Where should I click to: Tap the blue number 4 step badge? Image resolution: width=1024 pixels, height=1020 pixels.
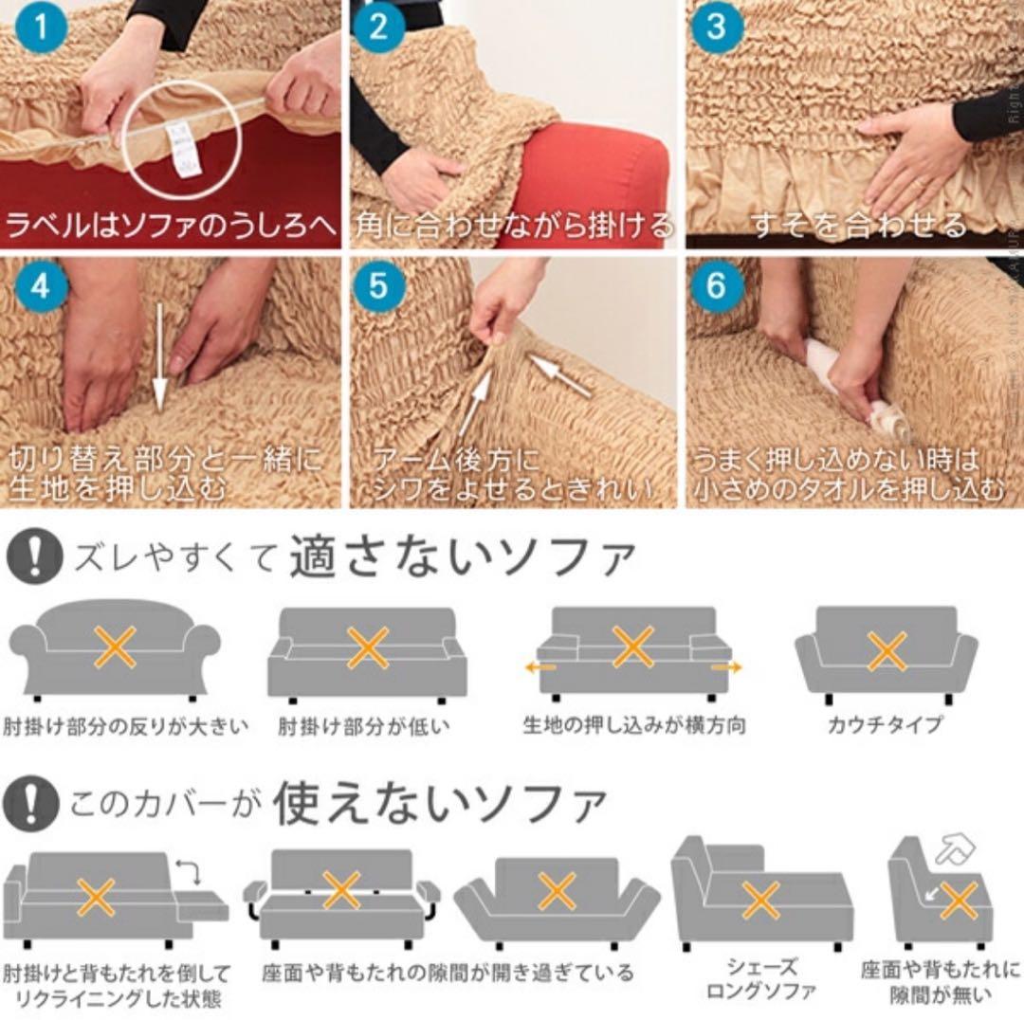(38, 285)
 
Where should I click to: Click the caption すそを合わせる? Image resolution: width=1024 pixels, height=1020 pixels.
(858, 226)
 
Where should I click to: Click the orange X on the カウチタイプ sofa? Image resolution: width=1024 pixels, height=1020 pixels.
(887, 651)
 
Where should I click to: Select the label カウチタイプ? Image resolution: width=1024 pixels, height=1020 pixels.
(886, 725)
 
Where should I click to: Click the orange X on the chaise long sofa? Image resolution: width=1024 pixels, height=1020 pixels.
(760, 900)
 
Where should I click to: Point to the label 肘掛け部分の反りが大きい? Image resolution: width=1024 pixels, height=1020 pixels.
(127, 727)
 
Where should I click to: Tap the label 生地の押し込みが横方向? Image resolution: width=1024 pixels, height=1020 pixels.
(634, 725)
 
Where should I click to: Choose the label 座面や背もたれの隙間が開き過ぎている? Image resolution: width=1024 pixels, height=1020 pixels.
(448, 973)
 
